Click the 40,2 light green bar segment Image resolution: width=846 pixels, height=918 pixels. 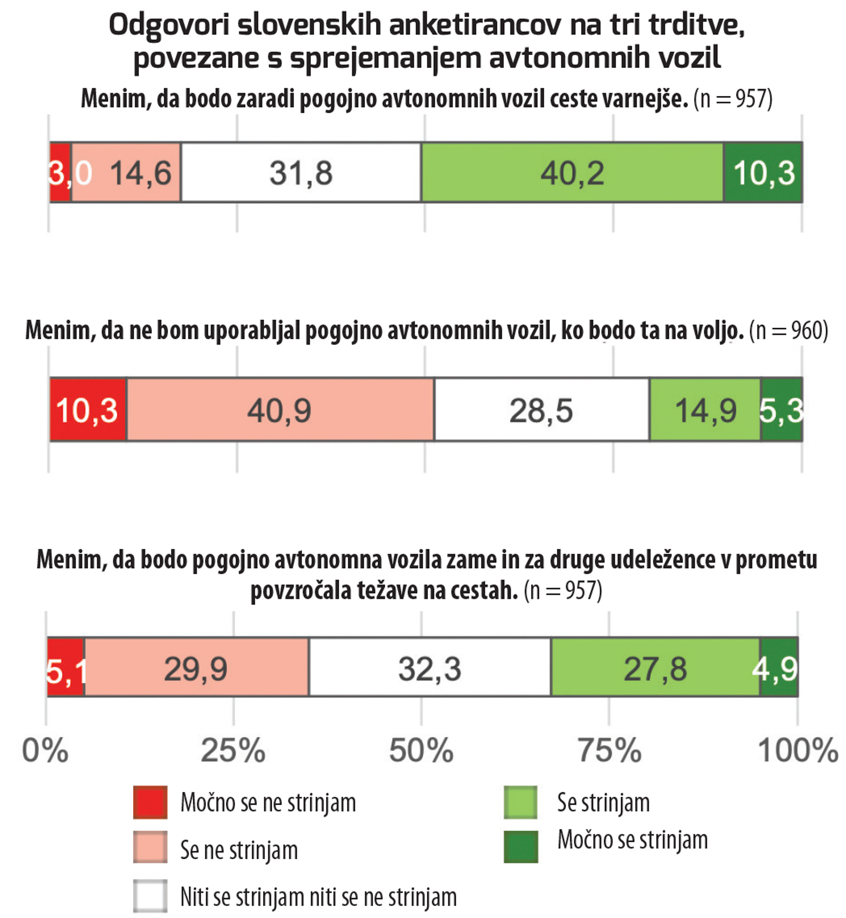[x=572, y=173]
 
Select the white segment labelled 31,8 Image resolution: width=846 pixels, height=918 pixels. [x=301, y=173]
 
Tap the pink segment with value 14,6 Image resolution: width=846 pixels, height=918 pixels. [x=126, y=173]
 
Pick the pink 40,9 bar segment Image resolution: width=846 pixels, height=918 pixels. [x=280, y=410]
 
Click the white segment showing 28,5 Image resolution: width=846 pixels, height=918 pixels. [x=542, y=410]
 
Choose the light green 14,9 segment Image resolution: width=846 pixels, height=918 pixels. [x=705, y=410]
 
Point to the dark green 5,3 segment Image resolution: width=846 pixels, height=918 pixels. [x=781, y=410]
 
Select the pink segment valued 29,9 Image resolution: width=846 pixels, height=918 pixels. [x=196, y=668]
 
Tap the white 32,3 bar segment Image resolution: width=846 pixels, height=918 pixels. [x=430, y=668]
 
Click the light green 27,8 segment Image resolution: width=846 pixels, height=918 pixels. [x=655, y=668]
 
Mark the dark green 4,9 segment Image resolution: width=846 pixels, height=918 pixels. [x=779, y=668]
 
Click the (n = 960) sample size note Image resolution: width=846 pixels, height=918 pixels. [x=789, y=330]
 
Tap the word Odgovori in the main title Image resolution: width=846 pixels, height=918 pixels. [x=169, y=25]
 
